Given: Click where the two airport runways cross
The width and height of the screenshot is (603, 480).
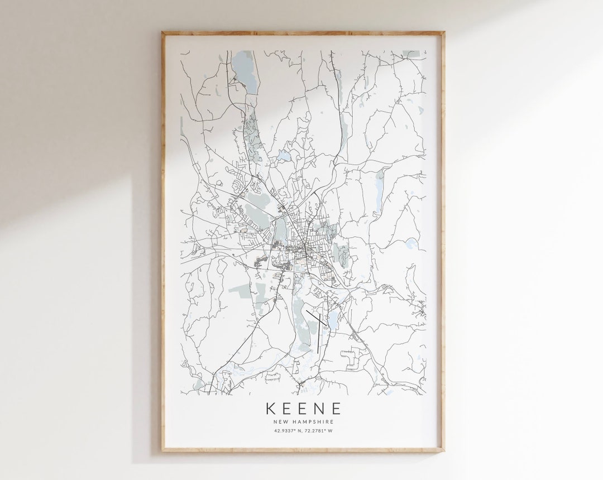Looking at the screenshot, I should click(318, 320).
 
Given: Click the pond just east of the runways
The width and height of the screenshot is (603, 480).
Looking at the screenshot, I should click(333, 320).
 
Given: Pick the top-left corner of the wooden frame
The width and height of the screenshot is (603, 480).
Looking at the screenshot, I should click(163, 33).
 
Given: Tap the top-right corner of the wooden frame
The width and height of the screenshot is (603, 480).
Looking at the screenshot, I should click(443, 33).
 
